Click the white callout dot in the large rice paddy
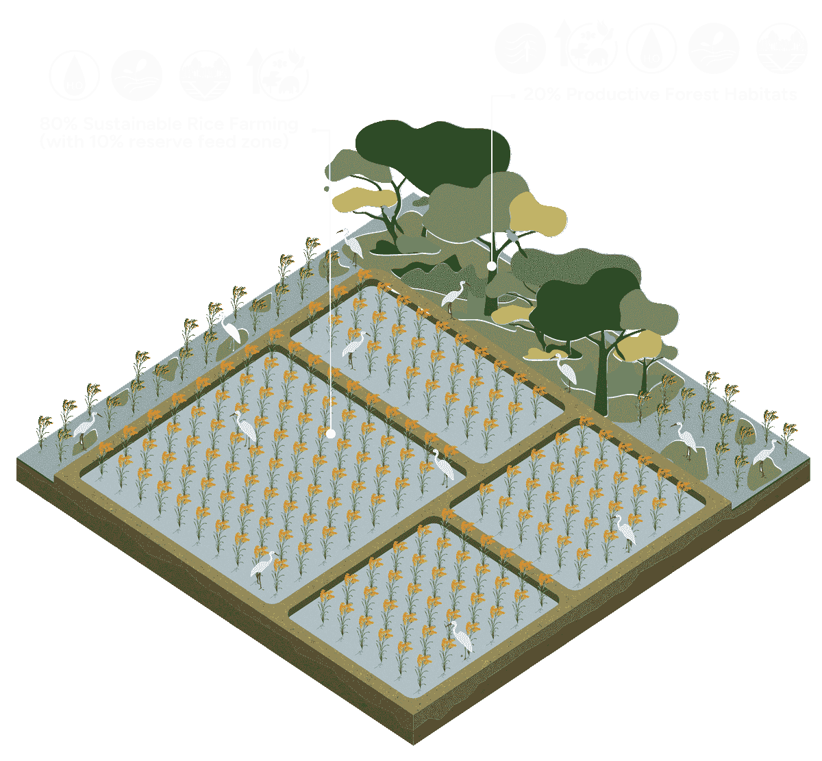tap(330, 433)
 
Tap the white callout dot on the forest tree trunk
tap(491, 265)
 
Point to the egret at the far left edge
tap(86, 429)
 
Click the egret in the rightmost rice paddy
tap(625, 532)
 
